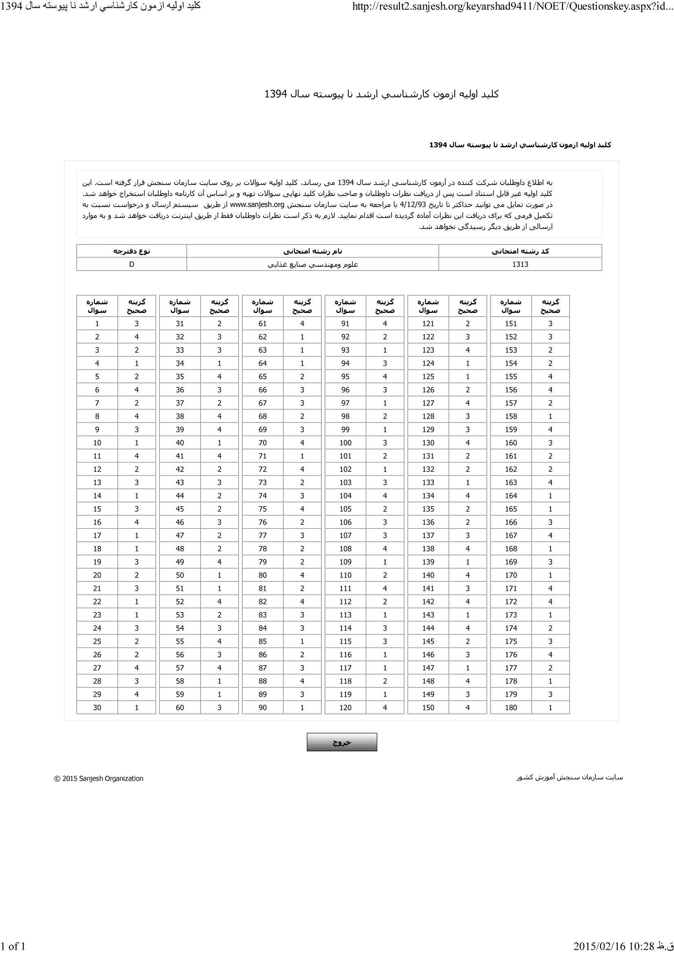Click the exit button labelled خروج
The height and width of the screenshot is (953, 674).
tap(342, 742)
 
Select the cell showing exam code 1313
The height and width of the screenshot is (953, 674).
tap(520, 264)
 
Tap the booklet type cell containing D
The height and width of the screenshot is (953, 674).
tap(132, 264)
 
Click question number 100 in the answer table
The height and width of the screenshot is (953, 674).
tap(345, 442)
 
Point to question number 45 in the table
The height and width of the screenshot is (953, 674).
tap(179, 509)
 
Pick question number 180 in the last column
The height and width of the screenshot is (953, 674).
tap(511, 707)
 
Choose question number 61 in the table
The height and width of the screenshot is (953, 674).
tap(263, 324)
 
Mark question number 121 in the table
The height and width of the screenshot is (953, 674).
tap(428, 324)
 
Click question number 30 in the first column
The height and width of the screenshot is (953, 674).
tap(97, 707)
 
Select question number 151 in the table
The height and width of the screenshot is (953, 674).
tap(511, 324)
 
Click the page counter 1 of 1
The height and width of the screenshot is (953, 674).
tap(13, 946)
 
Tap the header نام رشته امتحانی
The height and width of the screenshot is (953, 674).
tap(312, 251)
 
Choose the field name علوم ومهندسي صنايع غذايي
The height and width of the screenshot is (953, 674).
tap(312, 264)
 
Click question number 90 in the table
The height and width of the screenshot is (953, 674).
tap(263, 707)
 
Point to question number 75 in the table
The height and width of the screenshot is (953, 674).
tap(263, 509)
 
